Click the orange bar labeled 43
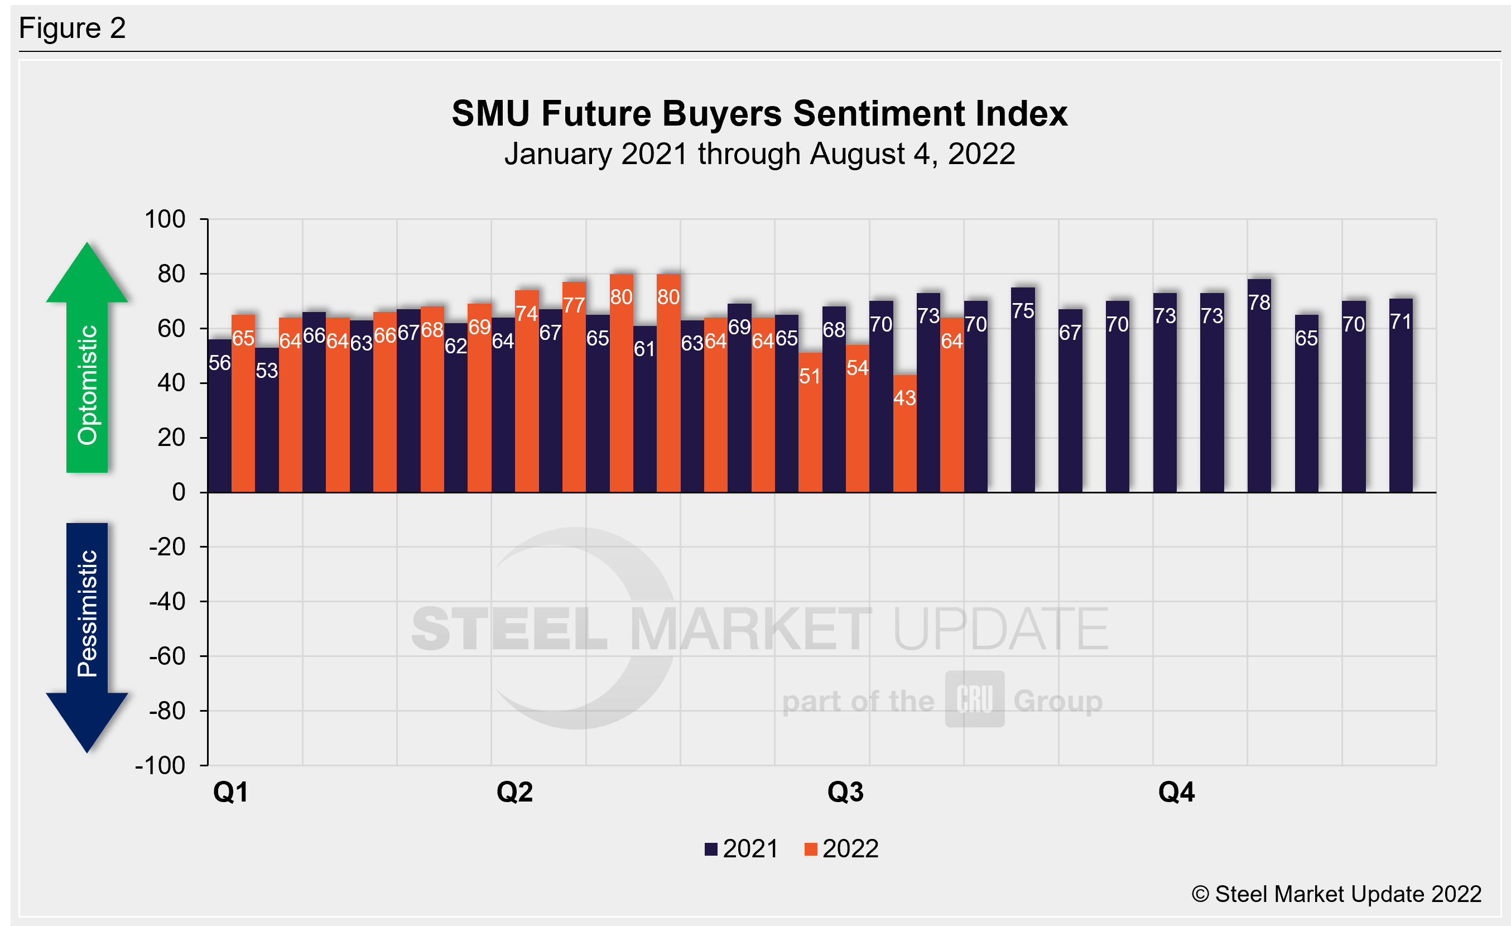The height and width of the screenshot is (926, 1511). pos(904,434)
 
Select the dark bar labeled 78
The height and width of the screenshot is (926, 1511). pos(1259,386)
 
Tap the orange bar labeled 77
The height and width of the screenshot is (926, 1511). pos(574,387)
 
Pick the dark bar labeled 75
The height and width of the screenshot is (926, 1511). pos(1023,390)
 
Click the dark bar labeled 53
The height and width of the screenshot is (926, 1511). pos(267,421)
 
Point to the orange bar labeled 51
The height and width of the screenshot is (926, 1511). pos(810,423)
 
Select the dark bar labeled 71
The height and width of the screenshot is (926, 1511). pos(1401,396)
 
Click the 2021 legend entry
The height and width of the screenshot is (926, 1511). pos(742,850)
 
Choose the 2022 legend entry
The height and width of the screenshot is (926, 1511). pos(841,850)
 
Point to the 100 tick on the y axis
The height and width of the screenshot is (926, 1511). pos(165,219)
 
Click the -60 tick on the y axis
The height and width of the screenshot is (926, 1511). pos(167,656)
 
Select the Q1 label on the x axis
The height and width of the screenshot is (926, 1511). pos(230,792)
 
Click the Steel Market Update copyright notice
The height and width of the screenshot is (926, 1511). pos(1336,894)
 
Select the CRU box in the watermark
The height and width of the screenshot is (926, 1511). pos(974,699)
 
